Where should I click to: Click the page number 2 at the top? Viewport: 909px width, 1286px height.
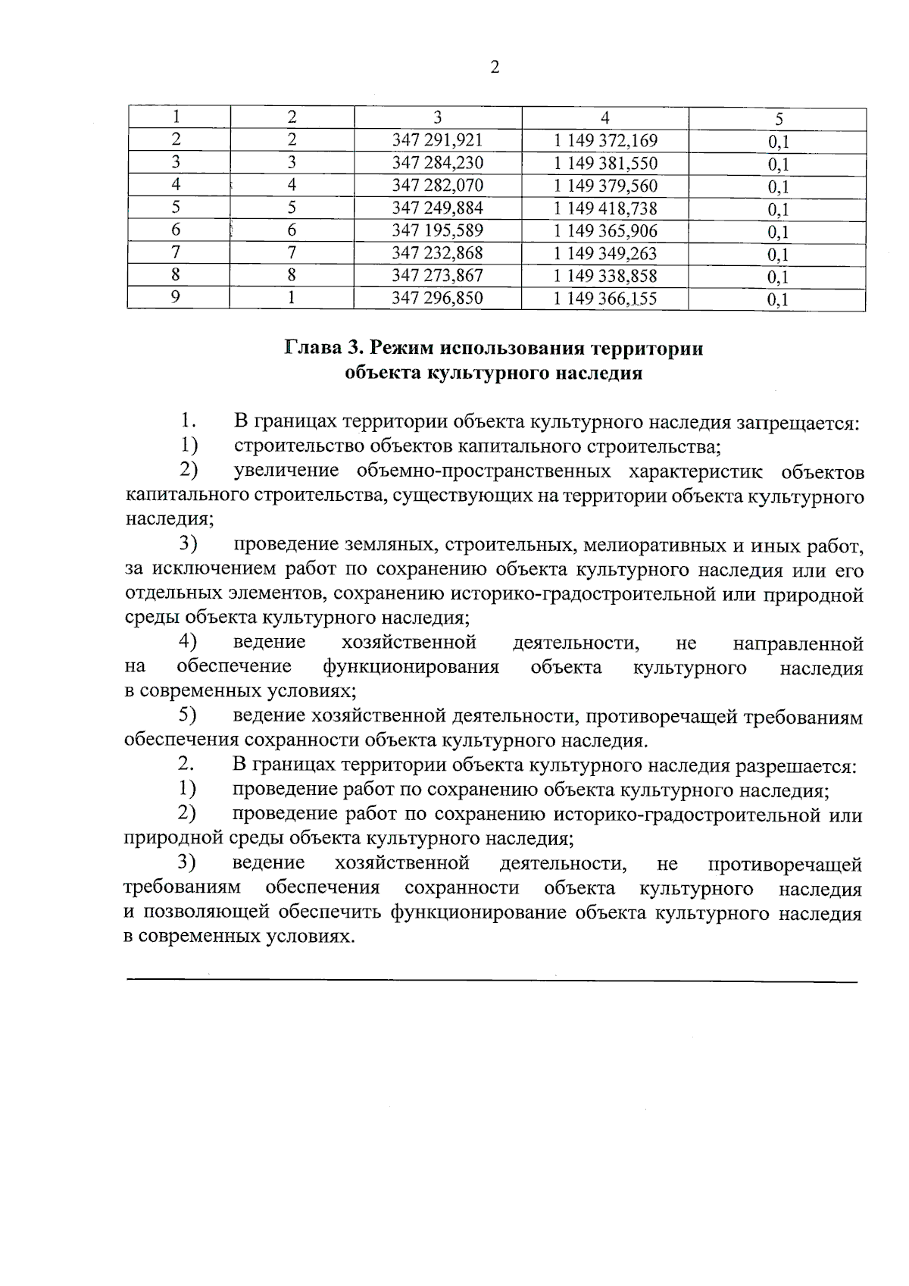(x=495, y=68)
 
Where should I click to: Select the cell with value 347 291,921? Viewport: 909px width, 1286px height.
(x=437, y=140)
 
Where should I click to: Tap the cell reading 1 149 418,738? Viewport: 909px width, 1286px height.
(x=604, y=208)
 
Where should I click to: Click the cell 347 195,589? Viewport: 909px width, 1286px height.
(x=437, y=230)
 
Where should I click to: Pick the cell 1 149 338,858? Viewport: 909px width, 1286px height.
(x=604, y=276)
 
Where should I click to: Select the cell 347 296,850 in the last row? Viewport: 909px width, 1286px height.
(x=437, y=298)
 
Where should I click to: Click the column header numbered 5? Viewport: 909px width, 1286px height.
(x=778, y=119)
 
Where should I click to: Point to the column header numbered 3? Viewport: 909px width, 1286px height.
(x=437, y=117)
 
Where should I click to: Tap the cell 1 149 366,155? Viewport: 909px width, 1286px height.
(x=604, y=299)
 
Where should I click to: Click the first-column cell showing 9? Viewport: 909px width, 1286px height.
(x=176, y=297)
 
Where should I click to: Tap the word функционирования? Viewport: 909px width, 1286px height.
(x=411, y=667)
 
